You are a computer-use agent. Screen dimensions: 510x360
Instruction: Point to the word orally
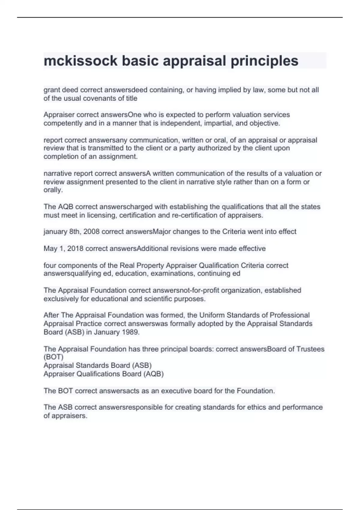click(53, 190)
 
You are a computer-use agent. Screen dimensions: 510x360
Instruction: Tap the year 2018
click(75, 249)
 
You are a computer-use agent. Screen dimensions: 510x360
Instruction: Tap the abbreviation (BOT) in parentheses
click(53, 357)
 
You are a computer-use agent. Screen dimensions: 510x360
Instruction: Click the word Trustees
click(310, 349)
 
